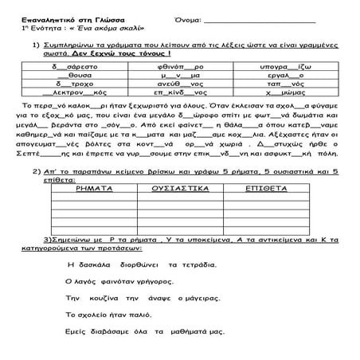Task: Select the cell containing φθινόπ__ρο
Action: point(178,58)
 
